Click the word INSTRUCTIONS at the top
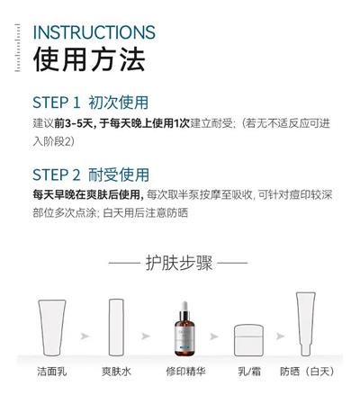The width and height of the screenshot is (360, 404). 94,32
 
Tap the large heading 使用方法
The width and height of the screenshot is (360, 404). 89,59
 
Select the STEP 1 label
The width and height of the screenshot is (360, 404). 57,103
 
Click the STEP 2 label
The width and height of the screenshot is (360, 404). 57,175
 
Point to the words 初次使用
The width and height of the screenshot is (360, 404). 118,103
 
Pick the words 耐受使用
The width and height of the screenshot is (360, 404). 119,175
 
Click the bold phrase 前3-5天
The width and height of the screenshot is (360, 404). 74,123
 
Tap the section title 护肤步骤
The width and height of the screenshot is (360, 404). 179,263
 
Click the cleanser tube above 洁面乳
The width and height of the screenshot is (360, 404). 52,328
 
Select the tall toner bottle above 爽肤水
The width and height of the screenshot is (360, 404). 116,328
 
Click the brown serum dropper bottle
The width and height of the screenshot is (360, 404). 184,329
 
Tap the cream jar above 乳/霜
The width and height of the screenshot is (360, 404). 248,340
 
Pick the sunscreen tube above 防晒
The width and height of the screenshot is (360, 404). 306,324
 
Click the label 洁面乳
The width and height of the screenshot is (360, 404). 52,372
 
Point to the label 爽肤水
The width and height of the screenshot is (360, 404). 116,372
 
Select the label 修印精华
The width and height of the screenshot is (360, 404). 186,372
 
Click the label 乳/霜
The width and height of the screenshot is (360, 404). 249,372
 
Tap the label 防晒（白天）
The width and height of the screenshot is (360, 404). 307,372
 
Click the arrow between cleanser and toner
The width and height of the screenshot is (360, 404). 85,337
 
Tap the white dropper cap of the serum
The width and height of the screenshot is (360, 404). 184,306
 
